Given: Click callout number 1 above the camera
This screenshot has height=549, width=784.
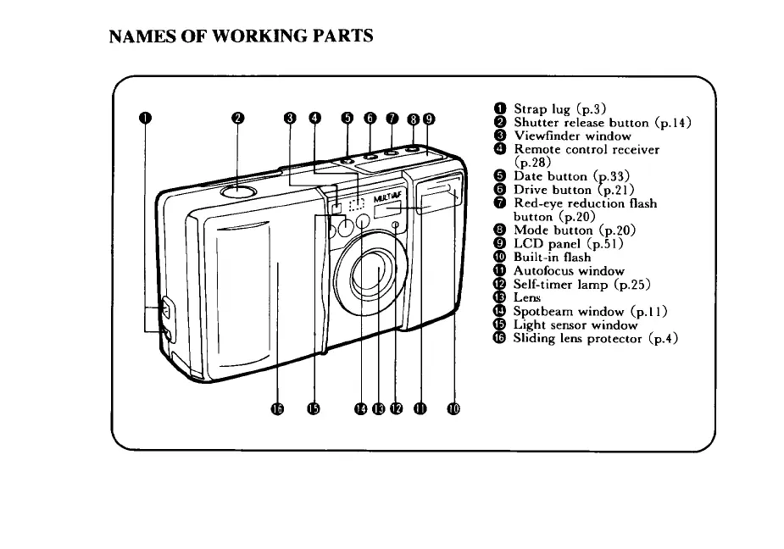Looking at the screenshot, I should tap(145, 118).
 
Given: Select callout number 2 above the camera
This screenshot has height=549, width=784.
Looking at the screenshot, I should tap(238, 118).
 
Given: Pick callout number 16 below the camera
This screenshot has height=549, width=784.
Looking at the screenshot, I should tap(277, 409).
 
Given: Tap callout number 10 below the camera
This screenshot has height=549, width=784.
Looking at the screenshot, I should tap(453, 409).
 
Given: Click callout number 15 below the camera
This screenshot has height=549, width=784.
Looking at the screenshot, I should tap(315, 409).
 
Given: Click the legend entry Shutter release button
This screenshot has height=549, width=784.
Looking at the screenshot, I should tap(603, 123).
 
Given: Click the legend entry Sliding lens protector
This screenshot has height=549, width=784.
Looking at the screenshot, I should tap(597, 339).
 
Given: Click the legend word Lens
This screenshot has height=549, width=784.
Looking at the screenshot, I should tap(527, 298).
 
